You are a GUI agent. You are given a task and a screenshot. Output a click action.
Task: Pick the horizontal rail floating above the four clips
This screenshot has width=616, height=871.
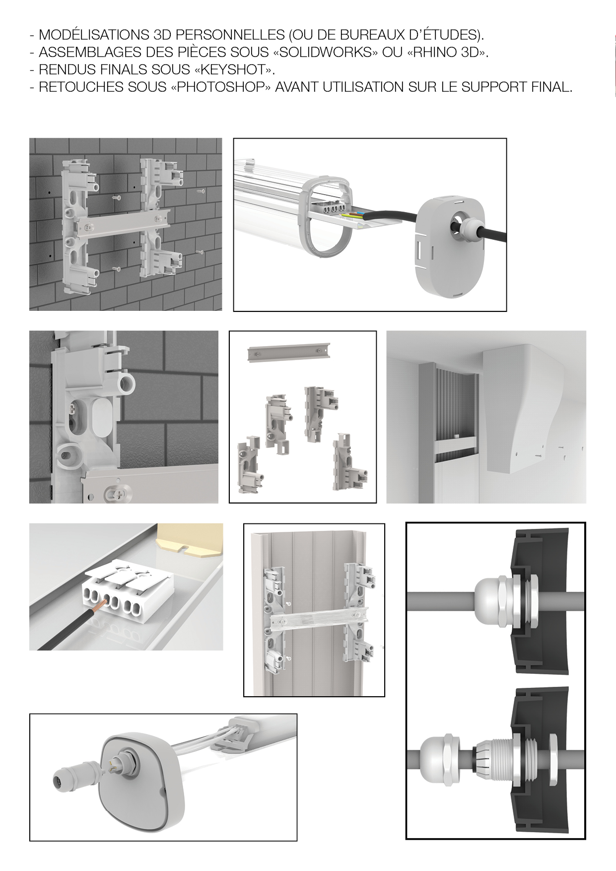[x=289, y=354]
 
